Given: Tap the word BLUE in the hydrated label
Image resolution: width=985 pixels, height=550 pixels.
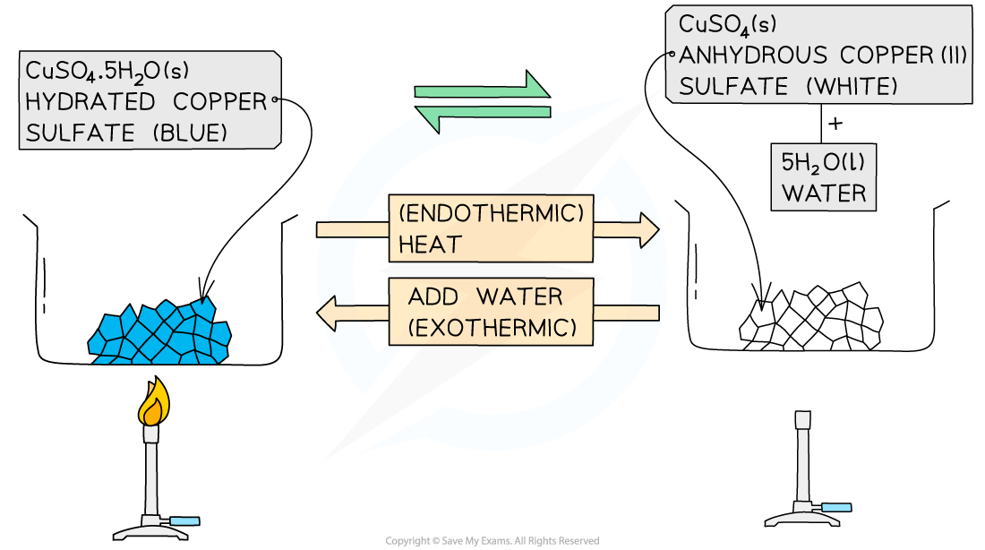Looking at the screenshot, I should pos(190,133).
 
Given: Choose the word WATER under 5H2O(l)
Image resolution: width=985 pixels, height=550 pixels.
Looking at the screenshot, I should pos(823,193).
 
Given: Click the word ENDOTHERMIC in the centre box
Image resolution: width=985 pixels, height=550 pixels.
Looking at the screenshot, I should pos(492,213).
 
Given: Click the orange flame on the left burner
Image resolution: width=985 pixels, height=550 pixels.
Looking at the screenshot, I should pos(153,403).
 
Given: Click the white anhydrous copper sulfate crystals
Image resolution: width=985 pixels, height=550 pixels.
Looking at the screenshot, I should pos(810,318).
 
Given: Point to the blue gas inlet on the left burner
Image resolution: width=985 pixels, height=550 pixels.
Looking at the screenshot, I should pos(186,521).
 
